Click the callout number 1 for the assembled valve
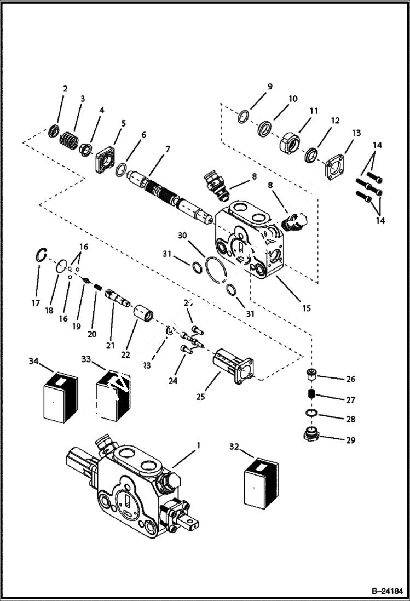(x=198, y=445)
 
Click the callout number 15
(x=305, y=308)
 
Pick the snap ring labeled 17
(x=41, y=255)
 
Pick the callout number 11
(x=313, y=111)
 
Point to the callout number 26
(x=350, y=379)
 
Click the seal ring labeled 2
(x=54, y=131)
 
